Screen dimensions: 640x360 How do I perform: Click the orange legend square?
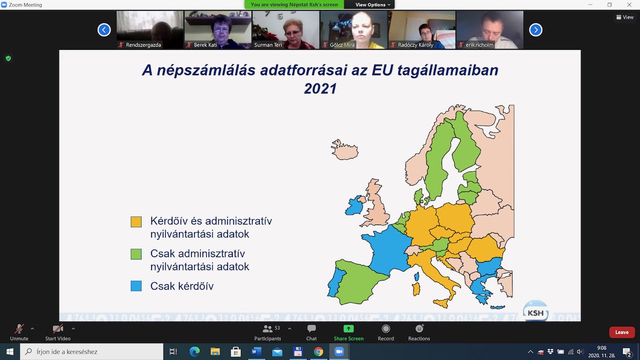click(x=136, y=221)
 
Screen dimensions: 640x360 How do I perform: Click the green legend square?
click(x=136, y=254)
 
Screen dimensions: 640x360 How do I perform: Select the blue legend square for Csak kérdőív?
click(x=136, y=285)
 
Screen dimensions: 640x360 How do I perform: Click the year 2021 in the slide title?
click(x=320, y=88)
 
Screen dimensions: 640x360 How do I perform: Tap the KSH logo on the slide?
click(x=535, y=311)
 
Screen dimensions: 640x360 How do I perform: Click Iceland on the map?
click(x=345, y=149)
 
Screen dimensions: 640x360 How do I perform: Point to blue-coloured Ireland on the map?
click(x=354, y=205)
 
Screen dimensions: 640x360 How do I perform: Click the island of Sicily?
click(x=441, y=303)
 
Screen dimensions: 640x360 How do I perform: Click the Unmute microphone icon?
click(x=19, y=329)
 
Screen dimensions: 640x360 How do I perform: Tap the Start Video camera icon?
click(x=57, y=329)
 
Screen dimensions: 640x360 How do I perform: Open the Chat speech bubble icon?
click(x=311, y=328)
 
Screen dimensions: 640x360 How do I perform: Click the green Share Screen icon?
click(x=348, y=328)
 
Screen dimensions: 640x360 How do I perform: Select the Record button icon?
click(x=385, y=328)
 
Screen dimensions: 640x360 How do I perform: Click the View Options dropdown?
click(x=372, y=4)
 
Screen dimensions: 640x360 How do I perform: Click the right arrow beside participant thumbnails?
click(x=535, y=29)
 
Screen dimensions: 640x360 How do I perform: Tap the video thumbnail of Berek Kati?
click(x=217, y=29)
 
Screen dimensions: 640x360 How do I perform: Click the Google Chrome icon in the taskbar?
click(x=318, y=351)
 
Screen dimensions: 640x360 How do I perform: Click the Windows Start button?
click(x=9, y=351)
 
